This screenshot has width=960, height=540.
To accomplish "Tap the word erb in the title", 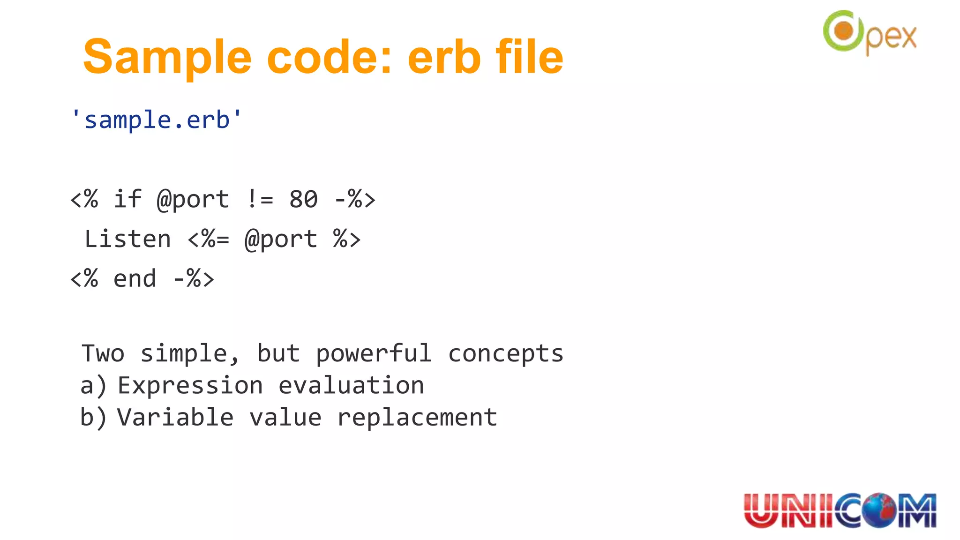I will click(444, 58).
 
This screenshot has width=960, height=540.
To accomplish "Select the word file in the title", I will click(529, 58).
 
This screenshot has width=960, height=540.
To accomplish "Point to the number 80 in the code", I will click(303, 199).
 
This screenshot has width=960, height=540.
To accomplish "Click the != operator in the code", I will click(259, 199).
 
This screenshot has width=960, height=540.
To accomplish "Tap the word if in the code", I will click(127, 199).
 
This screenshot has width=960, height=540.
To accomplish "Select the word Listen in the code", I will click(127, 239).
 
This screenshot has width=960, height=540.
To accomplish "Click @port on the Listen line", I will click(281, 239).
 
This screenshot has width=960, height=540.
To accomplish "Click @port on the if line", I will click(193, 199).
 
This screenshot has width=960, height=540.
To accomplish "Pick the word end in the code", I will click(135, 279).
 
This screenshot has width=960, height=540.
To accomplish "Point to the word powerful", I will click(373, 353).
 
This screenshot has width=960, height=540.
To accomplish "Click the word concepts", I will click(505, 353).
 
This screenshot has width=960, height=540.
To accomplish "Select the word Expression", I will click(190, 385).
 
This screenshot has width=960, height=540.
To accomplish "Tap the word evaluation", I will click(351, 385).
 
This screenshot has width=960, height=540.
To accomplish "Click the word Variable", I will click(175, 417).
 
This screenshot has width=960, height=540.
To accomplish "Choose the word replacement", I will click(417, 417).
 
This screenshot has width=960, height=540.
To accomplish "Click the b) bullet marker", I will click(93, 417).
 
